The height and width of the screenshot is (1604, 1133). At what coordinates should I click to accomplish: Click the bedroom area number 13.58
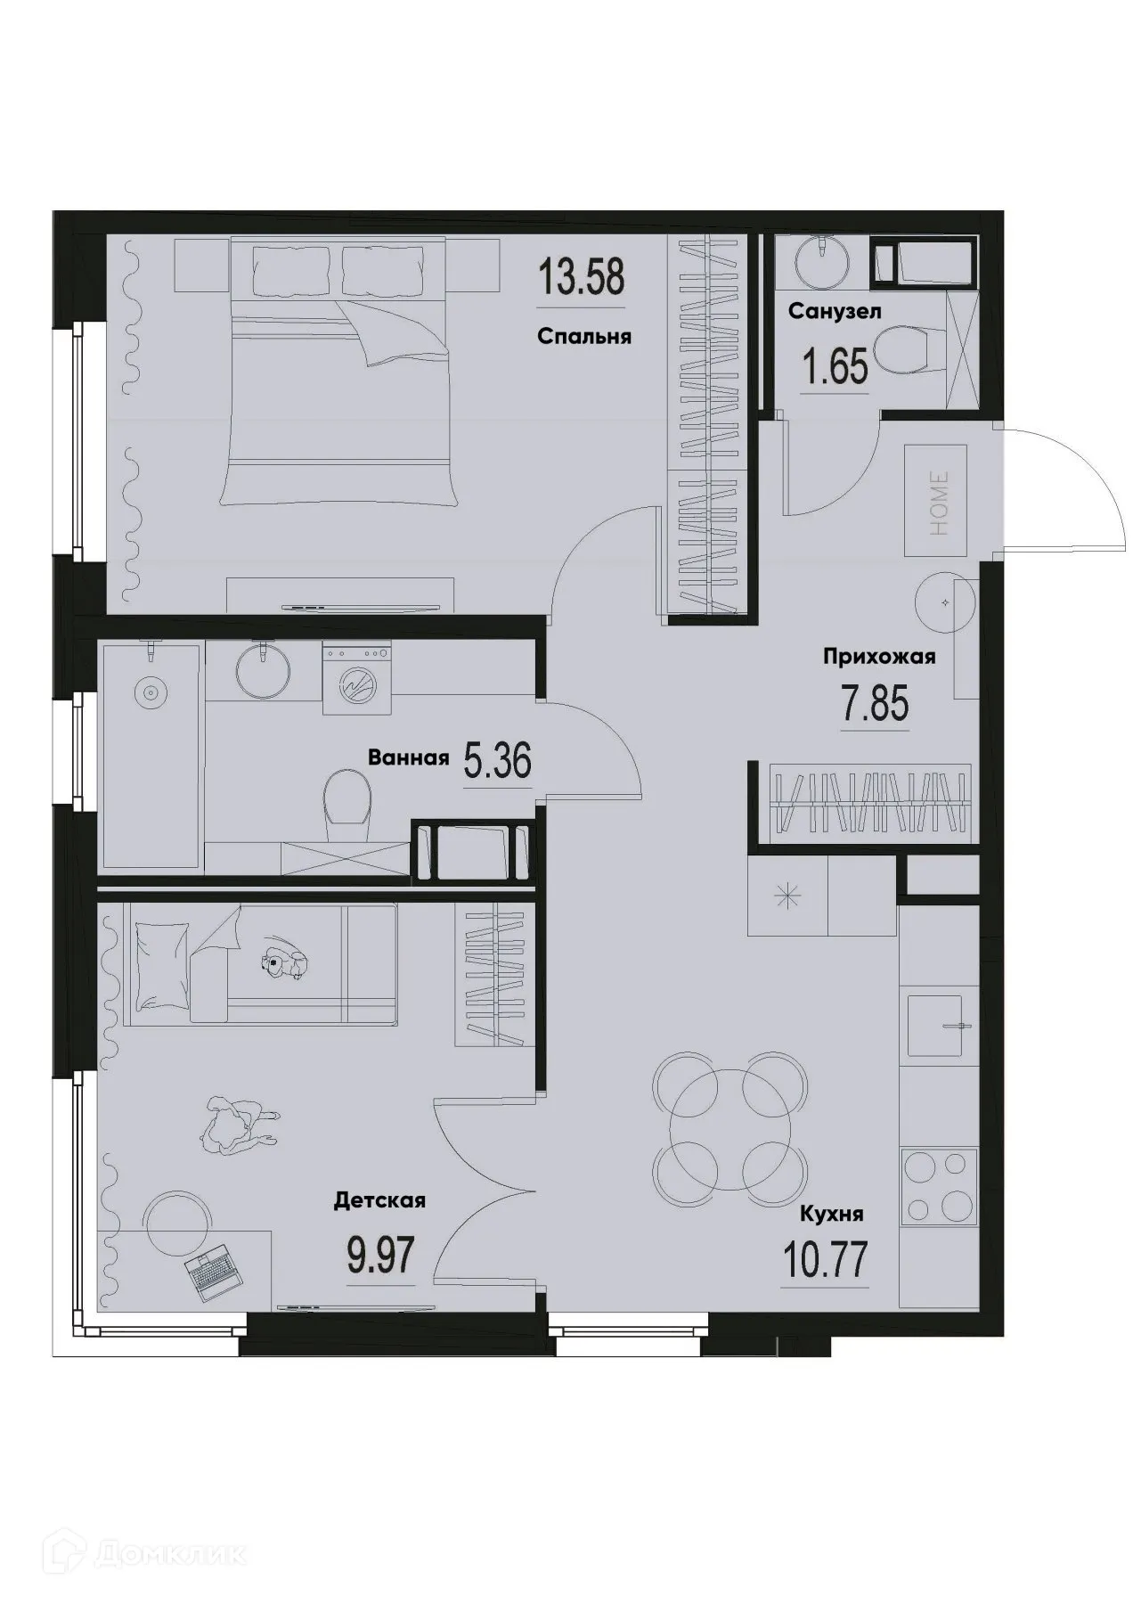(x=581, y=278)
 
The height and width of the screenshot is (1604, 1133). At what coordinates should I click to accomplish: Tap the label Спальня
(x=584, y=337)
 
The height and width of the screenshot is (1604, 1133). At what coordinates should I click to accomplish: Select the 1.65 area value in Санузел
(x=835, y=365)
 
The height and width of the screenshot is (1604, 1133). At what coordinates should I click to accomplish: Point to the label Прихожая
(x=878, y=658)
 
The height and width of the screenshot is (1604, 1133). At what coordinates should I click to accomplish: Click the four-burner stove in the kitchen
(x=933, y=1185)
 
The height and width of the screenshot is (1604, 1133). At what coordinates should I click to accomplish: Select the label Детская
(x=379, y=1201)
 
